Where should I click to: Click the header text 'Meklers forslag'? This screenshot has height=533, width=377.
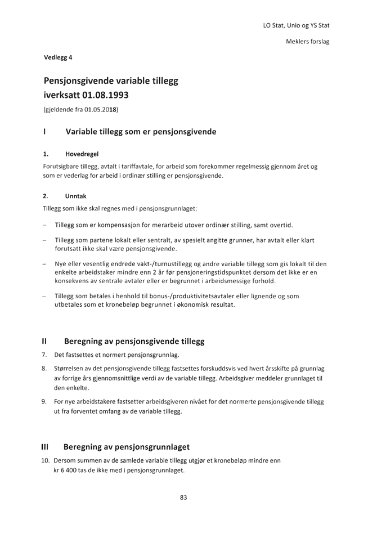click(x=308, y=42)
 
